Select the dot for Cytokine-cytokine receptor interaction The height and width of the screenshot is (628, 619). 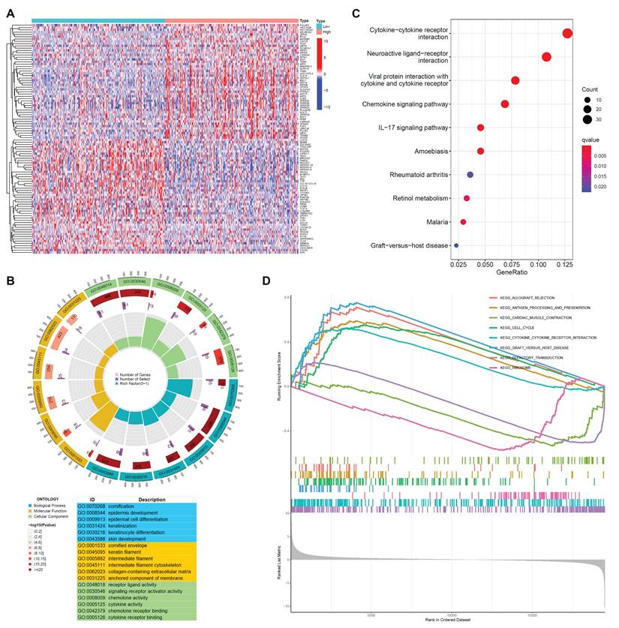[x=567, y=33]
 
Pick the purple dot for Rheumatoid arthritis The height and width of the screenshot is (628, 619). [x=470, y=175]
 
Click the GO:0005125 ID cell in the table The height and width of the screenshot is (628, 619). [x=93, y=603]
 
